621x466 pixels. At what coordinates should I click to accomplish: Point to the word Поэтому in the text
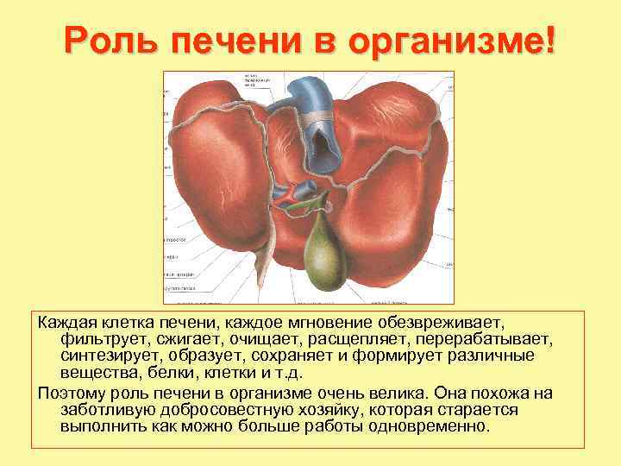pos(71,393)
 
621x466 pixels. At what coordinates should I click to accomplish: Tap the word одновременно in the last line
pos(433,427)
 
